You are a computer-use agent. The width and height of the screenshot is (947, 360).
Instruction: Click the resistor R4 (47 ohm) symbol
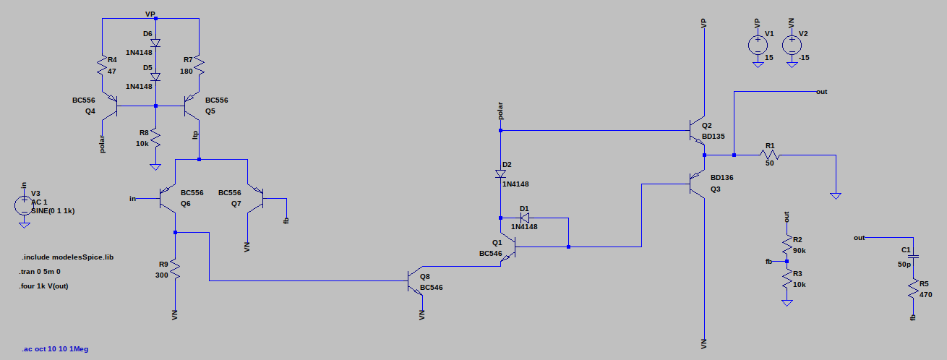tap(103, 69)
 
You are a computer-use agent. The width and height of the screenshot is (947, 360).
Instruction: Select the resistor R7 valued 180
tap(198, 69)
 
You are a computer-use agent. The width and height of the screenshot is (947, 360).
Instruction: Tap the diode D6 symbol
tap(155, 43)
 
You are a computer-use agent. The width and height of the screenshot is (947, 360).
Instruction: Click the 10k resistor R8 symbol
tap(155, 138)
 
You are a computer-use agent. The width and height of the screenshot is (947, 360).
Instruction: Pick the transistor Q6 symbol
tap(168, 198)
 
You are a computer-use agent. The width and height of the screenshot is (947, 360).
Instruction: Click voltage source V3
tap(24, 205)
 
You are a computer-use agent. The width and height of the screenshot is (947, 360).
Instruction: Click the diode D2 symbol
tap(500, 173)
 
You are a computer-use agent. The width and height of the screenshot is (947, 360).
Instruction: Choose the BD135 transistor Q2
tap(697, 131)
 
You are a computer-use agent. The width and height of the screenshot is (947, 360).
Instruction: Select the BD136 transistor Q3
tap(697, 184)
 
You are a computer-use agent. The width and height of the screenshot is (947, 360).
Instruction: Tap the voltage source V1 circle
tap(757, 46)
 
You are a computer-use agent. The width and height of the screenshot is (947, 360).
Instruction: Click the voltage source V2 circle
tap(792, 46)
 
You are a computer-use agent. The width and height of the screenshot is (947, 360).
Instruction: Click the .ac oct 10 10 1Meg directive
tap(55, 349)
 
